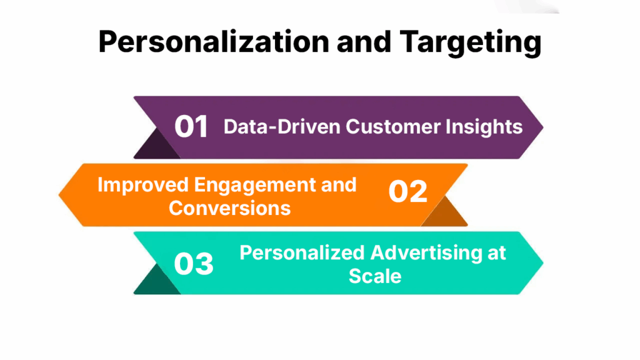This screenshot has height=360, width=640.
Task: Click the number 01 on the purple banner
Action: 191,127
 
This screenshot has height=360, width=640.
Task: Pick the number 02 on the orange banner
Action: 407,192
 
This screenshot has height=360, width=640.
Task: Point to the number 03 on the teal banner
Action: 193,264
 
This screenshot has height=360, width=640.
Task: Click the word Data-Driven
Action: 282,127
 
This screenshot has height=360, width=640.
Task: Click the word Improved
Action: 142,185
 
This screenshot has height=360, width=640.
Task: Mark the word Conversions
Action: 229,207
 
